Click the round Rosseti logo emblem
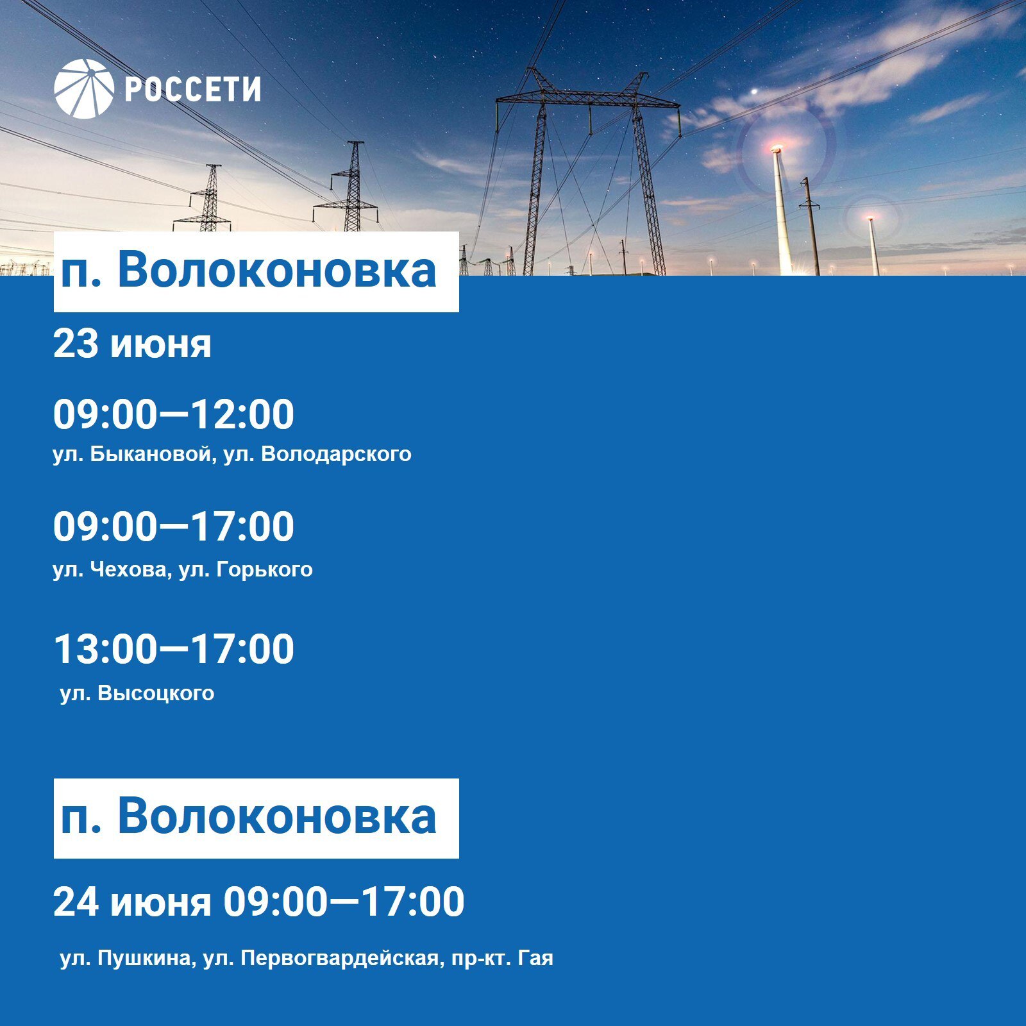tap(84, 89)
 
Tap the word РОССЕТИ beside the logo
tap(192, 90)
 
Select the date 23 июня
tap(132, 344)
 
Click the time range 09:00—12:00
tap(173, 414)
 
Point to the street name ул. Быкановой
tap(133, 454)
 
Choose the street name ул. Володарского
tap(317, 455)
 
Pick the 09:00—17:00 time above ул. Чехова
tap(173, 526)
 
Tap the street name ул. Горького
tap(246, 570)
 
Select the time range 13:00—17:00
tap(173, 649)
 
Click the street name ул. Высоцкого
tap(137, 693)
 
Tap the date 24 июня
tap(132, 902)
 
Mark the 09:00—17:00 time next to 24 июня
tap(344, 902)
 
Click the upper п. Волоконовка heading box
tap(256, 272)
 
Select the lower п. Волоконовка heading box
tap(256, 818)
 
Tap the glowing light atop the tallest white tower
tap(777, 150)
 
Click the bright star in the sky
tap(755, 91)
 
